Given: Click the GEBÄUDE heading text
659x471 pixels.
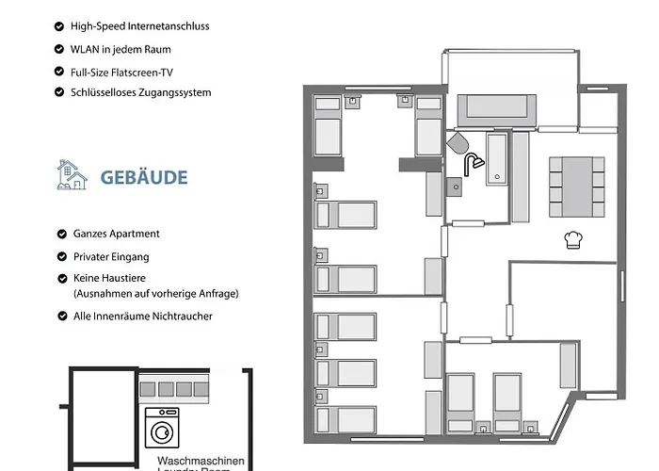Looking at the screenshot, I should [144, 177].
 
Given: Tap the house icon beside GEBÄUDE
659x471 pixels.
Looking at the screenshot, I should [72, 175].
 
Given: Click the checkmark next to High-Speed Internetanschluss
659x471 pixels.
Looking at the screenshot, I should [60, 26].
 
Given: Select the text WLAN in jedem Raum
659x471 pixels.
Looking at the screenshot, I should [121, 49].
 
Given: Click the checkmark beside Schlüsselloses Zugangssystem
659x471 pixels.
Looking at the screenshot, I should [60, 93].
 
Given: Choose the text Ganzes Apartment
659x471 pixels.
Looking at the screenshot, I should [117, 234].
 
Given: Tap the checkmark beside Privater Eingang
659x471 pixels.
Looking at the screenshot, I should [60, 256].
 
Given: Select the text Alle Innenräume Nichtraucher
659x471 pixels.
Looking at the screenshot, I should [143, 317].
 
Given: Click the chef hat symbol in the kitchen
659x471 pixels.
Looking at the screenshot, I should [572, 239].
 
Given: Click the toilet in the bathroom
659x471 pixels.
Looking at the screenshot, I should [458, 143].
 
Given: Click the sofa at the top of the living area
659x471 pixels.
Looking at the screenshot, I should [497, 111].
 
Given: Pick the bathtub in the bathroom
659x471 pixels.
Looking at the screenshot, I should [496, 159].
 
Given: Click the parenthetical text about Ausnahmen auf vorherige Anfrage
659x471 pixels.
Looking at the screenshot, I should [155, 294].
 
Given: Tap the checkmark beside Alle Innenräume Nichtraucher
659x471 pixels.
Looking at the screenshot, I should [60, 317].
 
